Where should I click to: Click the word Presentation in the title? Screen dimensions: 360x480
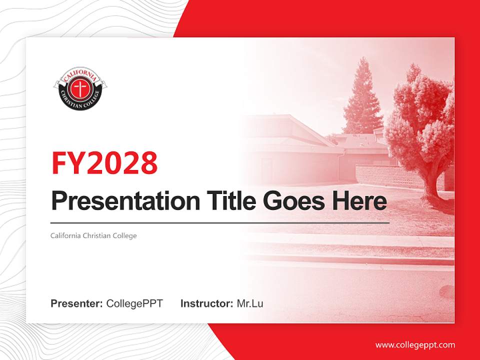(118, 201)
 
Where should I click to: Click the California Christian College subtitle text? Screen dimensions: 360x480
(93, 235)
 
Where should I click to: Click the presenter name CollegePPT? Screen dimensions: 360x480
(134, 303)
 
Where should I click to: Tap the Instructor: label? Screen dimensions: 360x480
(206, 303)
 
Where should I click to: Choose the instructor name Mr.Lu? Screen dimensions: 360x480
(250, 303)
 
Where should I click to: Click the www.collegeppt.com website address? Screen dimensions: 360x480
(415, 345)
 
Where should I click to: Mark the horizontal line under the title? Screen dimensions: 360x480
(220, 223)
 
